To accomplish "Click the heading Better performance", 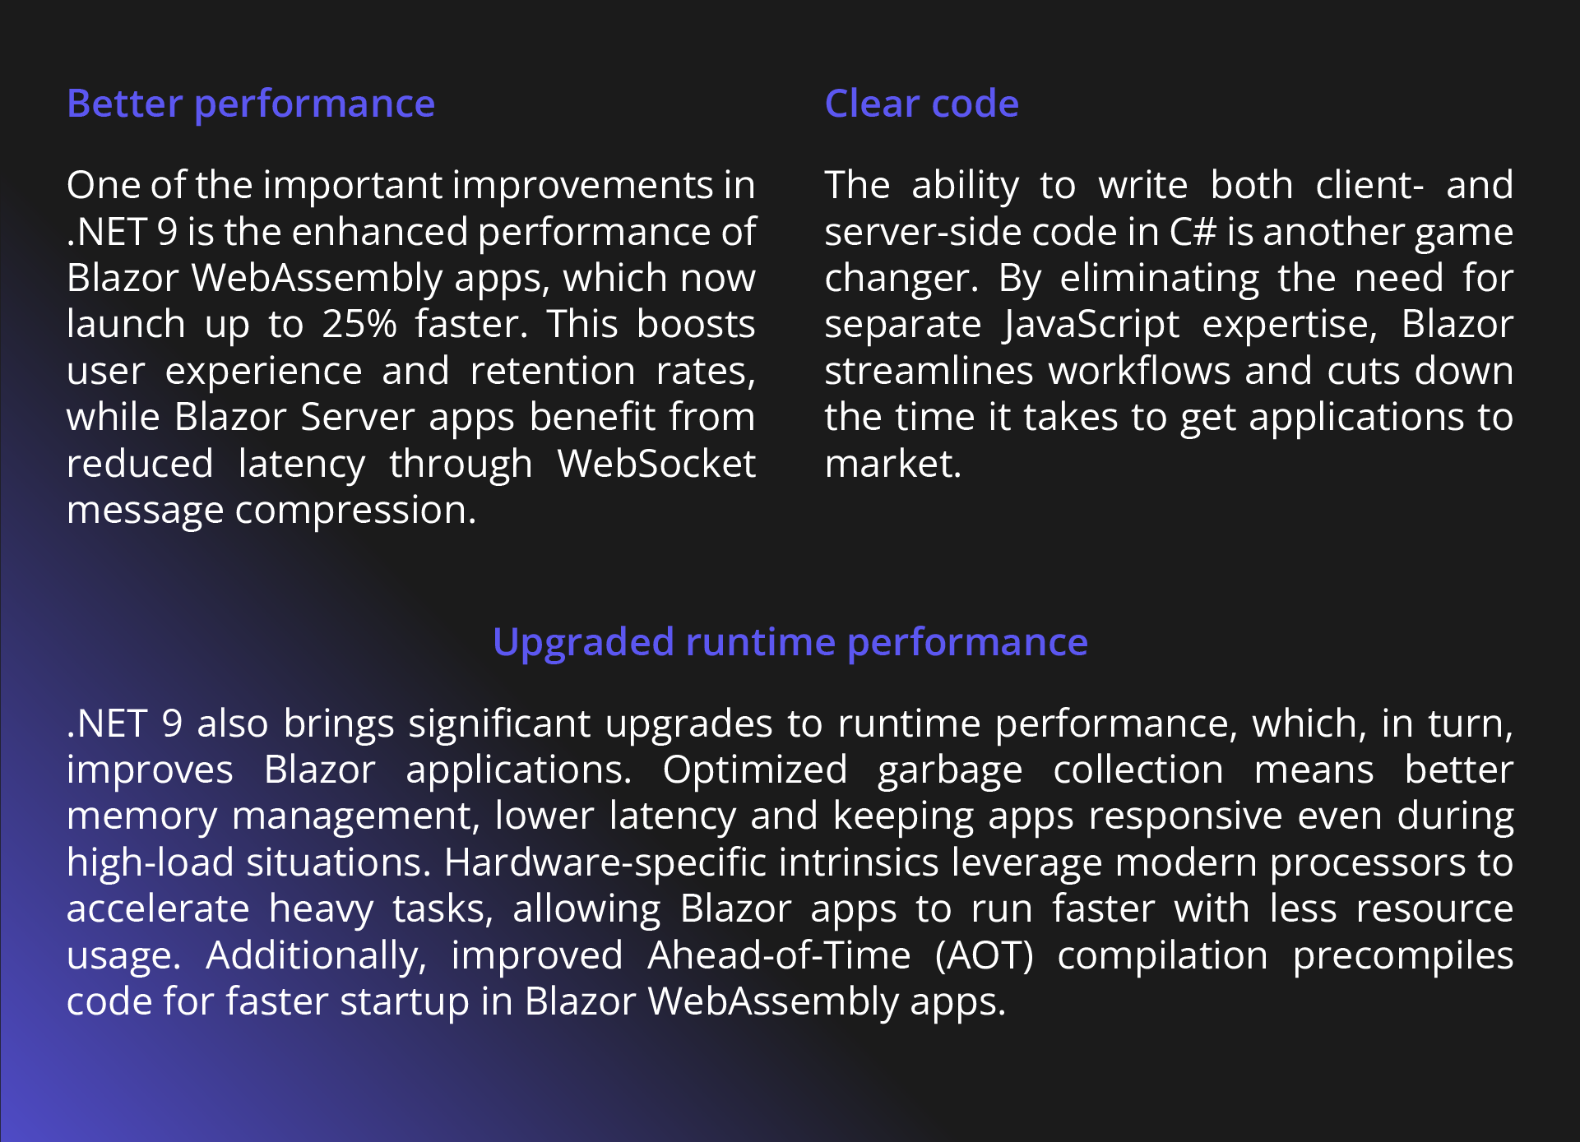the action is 251,104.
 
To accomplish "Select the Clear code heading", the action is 922,104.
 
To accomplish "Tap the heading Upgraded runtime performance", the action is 790,643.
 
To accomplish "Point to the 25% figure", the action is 359,324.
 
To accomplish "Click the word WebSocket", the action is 656,464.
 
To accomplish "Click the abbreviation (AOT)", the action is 984,956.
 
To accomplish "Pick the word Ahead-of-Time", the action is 779,955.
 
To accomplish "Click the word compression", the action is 355,511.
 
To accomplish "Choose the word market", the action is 893,464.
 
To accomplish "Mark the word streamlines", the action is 929,371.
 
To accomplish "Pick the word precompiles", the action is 1403,956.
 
